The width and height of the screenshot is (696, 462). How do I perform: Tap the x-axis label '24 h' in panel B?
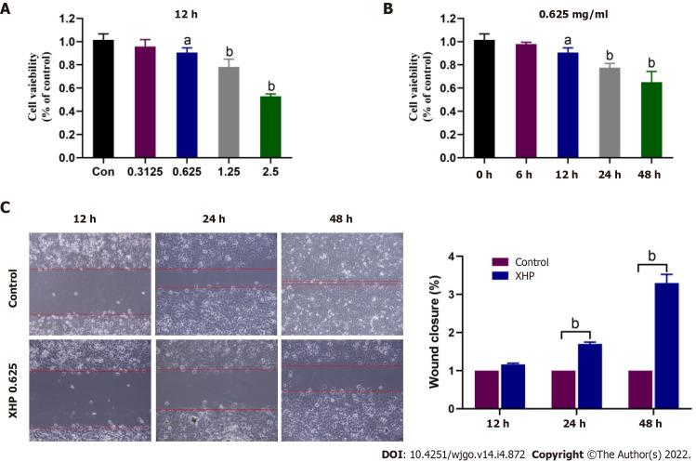point(577,172)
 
